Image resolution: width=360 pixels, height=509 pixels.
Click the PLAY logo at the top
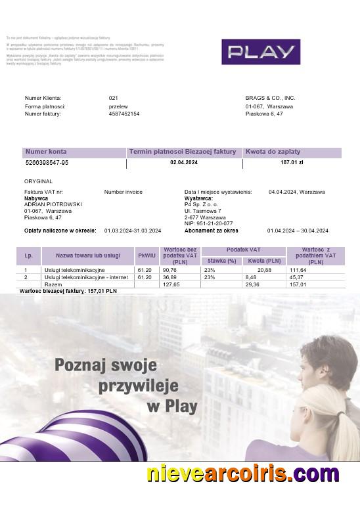pos(260,51)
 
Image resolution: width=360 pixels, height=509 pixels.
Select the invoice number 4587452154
pos(124,114)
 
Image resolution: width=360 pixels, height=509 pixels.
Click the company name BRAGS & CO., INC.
pos(270,98)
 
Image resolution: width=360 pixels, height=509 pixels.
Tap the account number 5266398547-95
pos(47,162)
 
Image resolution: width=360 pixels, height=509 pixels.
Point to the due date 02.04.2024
pos(183,162)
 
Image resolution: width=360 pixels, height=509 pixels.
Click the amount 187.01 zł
pos(291,162)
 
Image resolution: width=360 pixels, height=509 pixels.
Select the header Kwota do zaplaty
pos(269,152)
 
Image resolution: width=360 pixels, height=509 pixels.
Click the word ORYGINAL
pos(38,181)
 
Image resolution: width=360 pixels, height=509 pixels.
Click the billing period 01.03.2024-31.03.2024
pos(133,231)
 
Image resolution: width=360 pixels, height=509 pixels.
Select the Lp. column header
pos(28,255)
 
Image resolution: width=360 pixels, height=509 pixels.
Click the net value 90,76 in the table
pos(170,270)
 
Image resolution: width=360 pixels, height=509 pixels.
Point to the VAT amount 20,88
pos(264,270)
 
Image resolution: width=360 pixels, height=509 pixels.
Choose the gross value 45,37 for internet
pos(298,277)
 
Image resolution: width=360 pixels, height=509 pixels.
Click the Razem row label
pos(53,284)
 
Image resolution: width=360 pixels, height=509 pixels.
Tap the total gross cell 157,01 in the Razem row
pos(298,284)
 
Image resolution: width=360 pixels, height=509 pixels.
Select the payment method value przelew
pos(118,106)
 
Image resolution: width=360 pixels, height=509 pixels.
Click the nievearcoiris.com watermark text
pos(242,473)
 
